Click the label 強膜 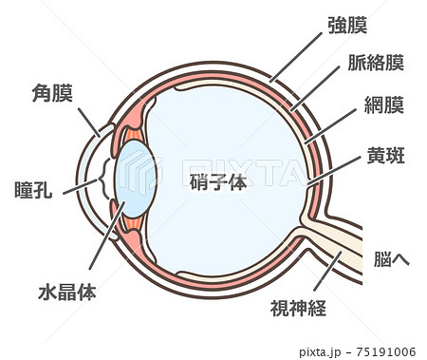click(347, 25)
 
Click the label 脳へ click(391, 257)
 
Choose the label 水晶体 click(67, 290)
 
